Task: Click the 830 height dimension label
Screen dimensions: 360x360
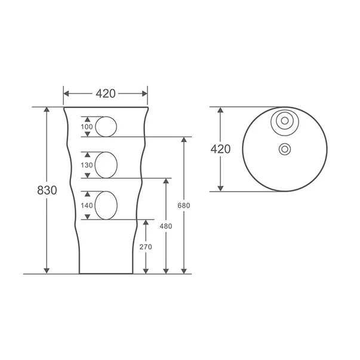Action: point(47,190)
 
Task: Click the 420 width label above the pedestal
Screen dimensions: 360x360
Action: point(106,94)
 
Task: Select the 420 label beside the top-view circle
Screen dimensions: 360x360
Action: point(220,149)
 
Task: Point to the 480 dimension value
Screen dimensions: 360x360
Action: point(165,226)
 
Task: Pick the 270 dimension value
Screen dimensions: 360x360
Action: point(146,247)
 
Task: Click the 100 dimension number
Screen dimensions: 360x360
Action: point(87,127)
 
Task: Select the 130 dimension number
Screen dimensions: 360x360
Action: point(87,165)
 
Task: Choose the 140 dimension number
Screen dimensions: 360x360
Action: point(87,205)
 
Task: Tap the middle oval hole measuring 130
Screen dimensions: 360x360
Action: point(106,165)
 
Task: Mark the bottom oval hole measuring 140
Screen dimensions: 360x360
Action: point(106,205)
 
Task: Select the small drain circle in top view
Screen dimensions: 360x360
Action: point(285,149)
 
